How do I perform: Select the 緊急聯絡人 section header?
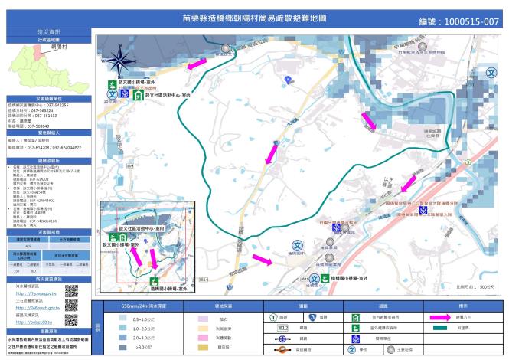[x=47, y=133]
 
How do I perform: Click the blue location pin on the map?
[x=287, y=80]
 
